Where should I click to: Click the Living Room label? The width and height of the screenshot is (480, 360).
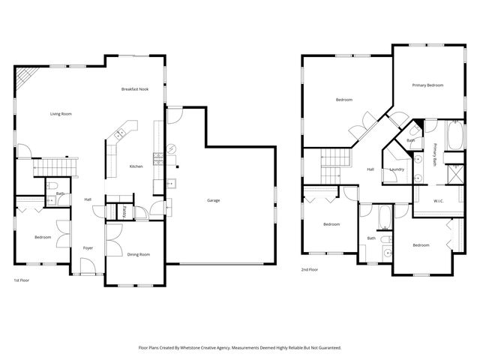66,113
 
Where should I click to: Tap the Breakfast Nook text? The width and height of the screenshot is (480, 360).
135,89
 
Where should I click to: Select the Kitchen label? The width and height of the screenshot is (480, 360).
136,166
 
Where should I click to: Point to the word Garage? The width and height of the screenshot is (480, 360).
214,200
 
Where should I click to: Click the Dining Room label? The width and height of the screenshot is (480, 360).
139,254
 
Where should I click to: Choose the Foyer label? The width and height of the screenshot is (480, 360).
88,247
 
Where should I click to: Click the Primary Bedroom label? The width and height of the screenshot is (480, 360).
427,85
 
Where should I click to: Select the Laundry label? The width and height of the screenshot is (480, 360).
397,169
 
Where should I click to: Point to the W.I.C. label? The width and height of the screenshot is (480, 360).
440,200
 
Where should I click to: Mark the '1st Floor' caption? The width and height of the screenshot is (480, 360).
22,280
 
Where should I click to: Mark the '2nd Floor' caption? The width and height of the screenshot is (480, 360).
310,269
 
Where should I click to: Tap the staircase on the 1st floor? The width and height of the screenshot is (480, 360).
54,166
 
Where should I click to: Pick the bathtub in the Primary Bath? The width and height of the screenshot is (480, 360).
454,136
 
